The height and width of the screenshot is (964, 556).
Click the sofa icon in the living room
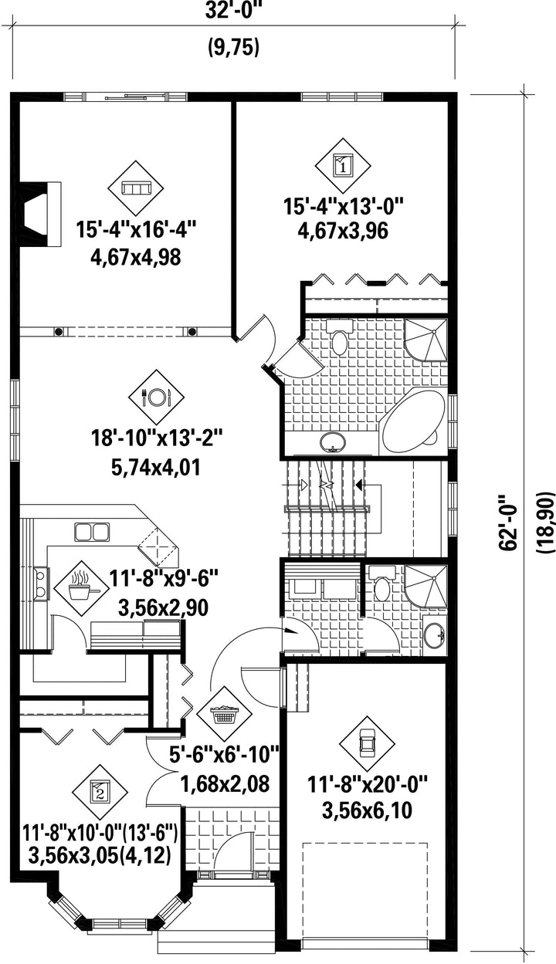coord(136,188)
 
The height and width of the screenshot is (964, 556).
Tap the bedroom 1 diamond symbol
coord(343,165)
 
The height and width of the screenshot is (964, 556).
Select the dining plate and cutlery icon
coord(156,397)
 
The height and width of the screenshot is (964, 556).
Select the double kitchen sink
coord(91,532)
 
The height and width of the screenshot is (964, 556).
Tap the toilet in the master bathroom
coord(340,338)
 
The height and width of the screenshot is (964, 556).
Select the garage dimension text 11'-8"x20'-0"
coord(367,784)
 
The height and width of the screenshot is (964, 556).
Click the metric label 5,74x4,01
coord(156,468)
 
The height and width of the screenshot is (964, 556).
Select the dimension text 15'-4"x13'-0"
coord(342,206)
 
